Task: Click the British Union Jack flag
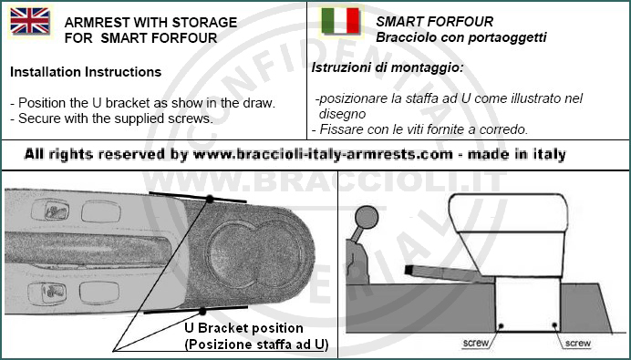(x=30, y=21)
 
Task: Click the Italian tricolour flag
(x=340, y=21)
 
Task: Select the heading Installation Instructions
(x=86, y=72)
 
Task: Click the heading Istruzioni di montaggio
(x=388, y=67)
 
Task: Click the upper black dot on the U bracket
(x=210, y=199)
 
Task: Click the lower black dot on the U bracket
(x=202, y=312)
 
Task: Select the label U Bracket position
(x=243, y=328)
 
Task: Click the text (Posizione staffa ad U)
(x=256, y=345)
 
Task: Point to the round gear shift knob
(x=367, y=218)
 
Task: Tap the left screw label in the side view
(x=475, y=343)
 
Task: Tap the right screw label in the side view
(x=577, y=343)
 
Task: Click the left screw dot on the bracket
(x=501, y=325)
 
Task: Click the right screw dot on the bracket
(x=554, y=325)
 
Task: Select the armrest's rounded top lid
(x=509, y=213)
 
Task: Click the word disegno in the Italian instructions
(x=342, y=114)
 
